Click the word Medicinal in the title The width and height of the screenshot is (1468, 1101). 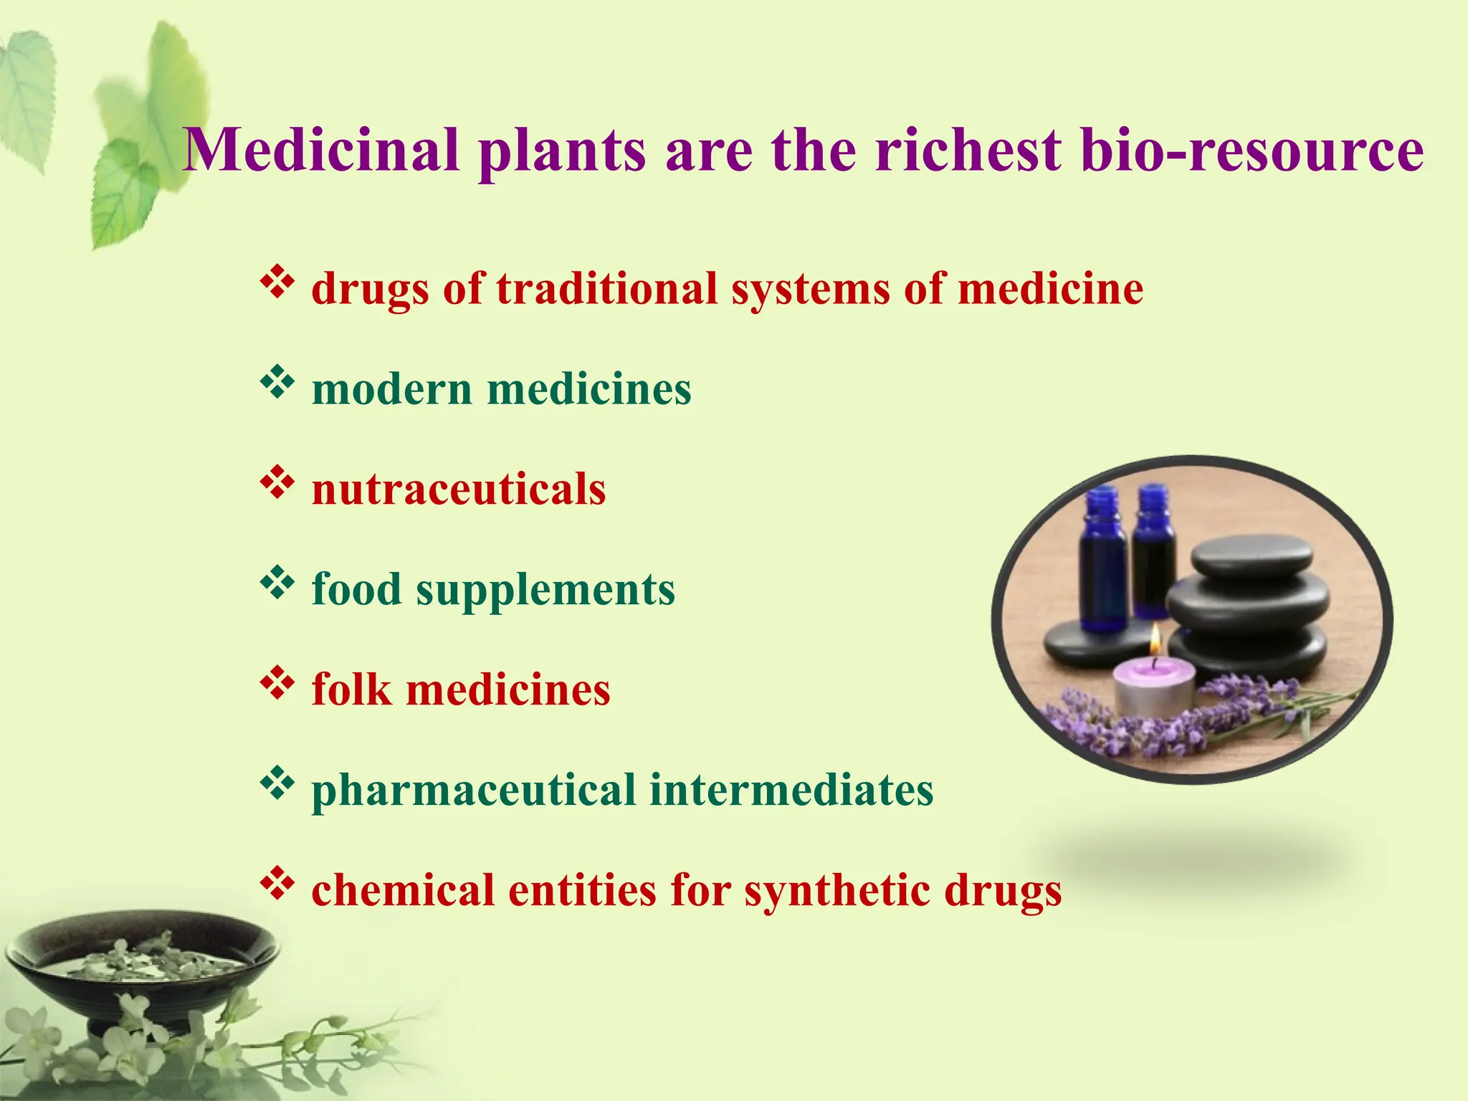(x=321, y=151)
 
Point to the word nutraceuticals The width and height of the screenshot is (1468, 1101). (x=459, y=490)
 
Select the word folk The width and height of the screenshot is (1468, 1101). (x=351, y=690)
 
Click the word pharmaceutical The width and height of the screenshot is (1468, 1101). (x=474, y=791)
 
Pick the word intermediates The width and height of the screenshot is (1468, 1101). (x=791, y=790)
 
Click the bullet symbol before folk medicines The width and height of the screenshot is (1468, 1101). (x=277, y=684)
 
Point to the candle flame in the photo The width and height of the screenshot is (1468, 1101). (x=1155, y=640)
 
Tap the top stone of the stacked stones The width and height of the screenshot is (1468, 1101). (x=1252, y=556)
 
